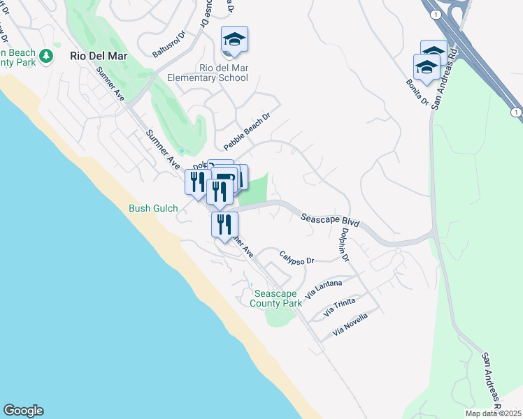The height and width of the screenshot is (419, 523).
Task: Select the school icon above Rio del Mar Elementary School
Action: (234, 41)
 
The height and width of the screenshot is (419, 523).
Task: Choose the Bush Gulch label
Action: (154, 208)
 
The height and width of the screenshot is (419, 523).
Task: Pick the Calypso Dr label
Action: (296, 258)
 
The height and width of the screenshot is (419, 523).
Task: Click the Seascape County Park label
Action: (278, 299)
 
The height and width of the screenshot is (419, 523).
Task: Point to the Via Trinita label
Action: (338, 306)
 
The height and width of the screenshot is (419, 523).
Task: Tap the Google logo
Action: (23, 411)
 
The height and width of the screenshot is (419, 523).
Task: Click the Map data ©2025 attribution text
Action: (494, 413)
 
